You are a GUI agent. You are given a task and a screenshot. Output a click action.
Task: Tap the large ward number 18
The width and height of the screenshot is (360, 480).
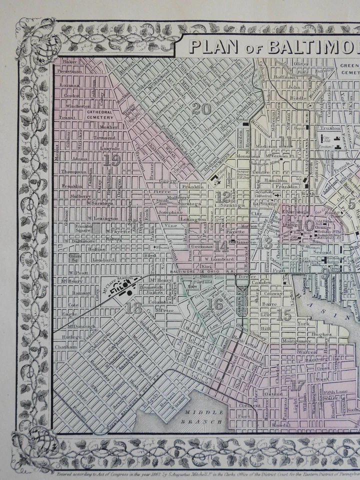[133, 308]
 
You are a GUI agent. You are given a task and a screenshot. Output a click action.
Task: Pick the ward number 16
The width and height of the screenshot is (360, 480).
[215, 303]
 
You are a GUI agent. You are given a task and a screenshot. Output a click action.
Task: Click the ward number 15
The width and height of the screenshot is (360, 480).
[283, 314]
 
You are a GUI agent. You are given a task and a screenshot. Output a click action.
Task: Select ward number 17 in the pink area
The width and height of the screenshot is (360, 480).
[297, 384]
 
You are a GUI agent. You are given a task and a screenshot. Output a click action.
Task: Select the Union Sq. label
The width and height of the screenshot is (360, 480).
[74, 258]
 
